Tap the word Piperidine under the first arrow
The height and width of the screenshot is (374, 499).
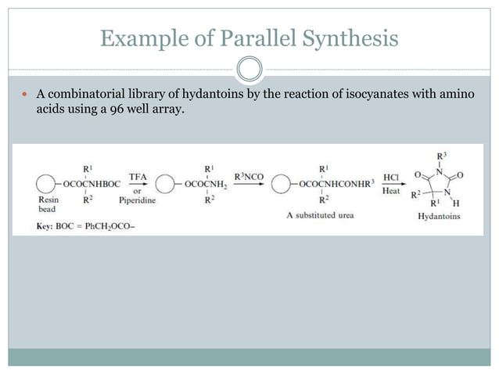tap(138, 200)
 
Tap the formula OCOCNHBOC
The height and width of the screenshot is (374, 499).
tap(83, 186)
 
